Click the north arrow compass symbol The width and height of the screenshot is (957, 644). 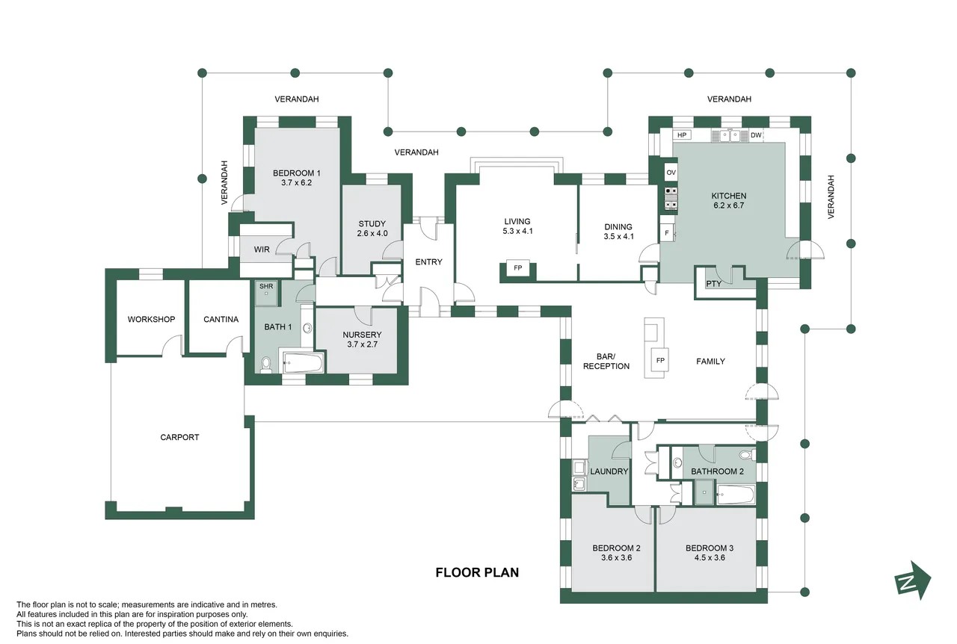[x=913, y=580]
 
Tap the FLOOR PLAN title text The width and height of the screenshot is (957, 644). [x=477, y=573]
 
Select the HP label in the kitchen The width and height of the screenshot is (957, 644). [x=682, y=135]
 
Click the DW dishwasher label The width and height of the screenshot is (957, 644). [x=756, y=135]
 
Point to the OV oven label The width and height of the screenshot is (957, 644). [x=671, y=173]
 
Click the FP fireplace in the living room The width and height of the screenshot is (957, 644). [x=518, y=268]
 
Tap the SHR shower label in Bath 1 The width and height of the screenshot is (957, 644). [x=266, y=286]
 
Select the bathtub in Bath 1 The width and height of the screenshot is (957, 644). [x=303, y=362]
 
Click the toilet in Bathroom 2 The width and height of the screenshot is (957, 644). [x=748, y=455]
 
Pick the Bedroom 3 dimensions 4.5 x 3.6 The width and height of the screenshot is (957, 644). [x=710, y=557]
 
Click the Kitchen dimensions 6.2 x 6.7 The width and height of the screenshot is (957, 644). [x=728, y=205]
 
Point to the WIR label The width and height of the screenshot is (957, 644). [x=262, y=250]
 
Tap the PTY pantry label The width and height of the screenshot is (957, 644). [x=713, y=284]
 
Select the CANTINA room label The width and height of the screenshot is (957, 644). [x=221, y=320]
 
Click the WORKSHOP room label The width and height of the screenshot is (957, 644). [x=151, y=320]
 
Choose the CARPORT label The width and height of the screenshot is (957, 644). [x=179, y=437]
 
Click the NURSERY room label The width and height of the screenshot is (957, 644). [x=362, y=335]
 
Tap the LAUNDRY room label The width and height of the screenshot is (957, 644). [x=609, y=471]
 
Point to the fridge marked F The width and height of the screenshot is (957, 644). [x=667, y=233]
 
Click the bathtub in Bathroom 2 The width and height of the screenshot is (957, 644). [x=736, y=495]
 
